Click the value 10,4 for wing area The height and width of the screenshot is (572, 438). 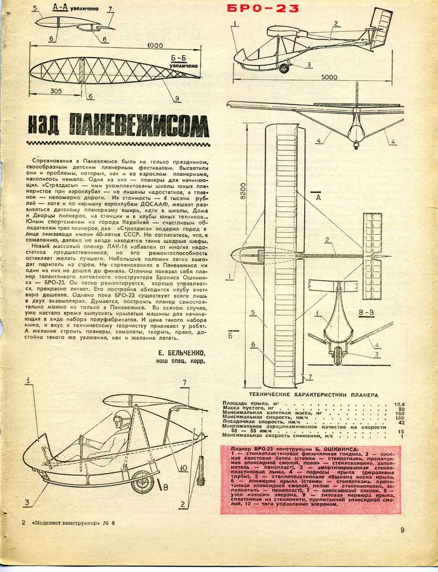click(x=399, y=404)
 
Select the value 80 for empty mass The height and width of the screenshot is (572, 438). click(x=400, y=409)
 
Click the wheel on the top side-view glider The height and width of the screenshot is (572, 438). click(x=284, y=68)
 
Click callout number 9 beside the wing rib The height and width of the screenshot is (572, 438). click(x=176, y=98)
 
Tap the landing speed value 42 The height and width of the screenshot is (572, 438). click(x=400, y=421)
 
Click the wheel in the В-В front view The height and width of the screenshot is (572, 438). click(x=337, y=357)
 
